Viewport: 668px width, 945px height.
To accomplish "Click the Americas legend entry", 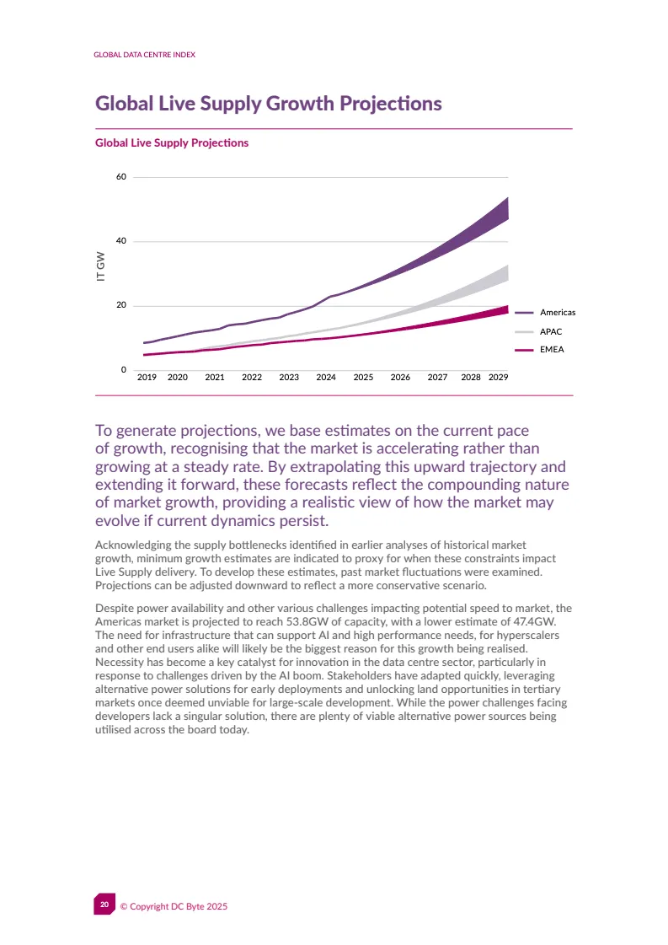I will point(557,313).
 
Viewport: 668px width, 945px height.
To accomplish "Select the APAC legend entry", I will point(551,331).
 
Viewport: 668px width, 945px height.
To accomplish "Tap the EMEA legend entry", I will point(551,349).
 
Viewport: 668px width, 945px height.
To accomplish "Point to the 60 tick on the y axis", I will point(121,177).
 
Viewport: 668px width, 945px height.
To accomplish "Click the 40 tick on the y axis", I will point(121,241).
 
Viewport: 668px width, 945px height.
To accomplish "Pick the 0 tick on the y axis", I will point(124,370).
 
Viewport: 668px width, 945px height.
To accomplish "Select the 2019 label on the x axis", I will point(147,378).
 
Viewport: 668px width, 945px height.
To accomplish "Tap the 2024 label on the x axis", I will point(326,378).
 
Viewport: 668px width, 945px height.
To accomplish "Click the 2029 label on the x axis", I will point(498,378).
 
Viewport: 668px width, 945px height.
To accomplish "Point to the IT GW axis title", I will point(101,266).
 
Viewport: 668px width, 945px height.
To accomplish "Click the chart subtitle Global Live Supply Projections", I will point(172,143).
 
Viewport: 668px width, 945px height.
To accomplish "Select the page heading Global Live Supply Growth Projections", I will point(268,104).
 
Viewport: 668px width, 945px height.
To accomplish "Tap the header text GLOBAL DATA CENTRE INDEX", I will point(145,55).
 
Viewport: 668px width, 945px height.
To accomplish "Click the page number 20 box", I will point(104,905).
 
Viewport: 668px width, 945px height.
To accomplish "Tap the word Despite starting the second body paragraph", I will point(115,608).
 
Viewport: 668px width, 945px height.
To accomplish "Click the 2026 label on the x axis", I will point(400,378).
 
